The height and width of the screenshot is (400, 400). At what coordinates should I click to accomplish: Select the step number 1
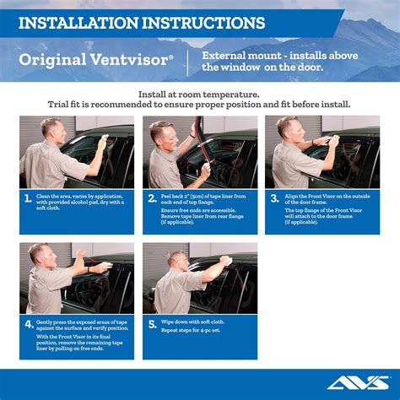(x=28, y=199)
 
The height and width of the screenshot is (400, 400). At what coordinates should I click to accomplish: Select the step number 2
(x=151, y=199)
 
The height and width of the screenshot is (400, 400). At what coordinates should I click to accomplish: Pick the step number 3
(x=274, y=199)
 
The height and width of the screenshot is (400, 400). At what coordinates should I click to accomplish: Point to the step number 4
(x=28, y=324)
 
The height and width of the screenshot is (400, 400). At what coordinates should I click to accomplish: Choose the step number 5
(x=151, y=324)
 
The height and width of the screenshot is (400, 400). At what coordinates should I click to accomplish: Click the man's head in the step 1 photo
(x=52, y=129)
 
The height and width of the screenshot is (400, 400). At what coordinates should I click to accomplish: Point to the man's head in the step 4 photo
(x=40, y=254)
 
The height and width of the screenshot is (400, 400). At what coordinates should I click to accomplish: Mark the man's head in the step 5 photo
(x=176, y=259)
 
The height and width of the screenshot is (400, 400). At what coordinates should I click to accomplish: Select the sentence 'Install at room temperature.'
(x=199, y=95)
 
